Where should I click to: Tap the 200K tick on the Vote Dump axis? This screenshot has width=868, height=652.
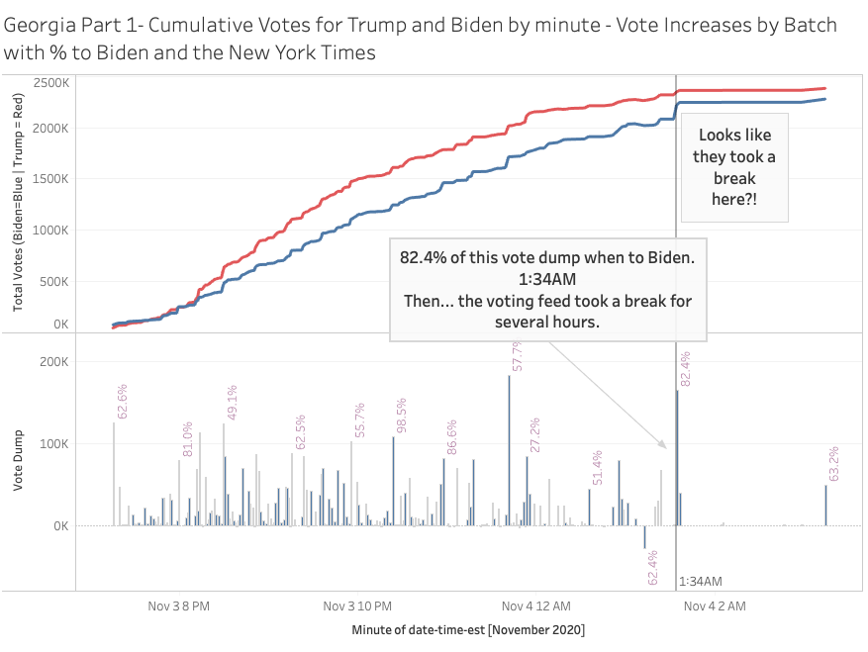click(x=52, y=362)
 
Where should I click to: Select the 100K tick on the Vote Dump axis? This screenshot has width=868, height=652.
click(x=52, y=443)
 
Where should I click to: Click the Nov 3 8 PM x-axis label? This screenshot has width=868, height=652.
click(x=178, y=605)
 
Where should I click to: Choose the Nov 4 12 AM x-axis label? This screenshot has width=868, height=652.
click(x=534, y=605)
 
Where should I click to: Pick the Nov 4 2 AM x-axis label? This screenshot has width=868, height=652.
click(x=714, y=605)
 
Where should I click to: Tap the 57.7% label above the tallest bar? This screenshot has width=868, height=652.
click(x=517, y=355)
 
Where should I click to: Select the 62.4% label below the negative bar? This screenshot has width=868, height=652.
click(x=652, y=567)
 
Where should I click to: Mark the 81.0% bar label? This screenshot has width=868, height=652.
click(x=187, y=439)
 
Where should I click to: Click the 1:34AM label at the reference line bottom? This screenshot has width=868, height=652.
click(x=702, y=582)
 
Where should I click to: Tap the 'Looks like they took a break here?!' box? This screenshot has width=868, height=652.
click(x=733, y=168)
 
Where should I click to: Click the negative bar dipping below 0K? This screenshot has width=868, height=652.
click(x=644, y=536)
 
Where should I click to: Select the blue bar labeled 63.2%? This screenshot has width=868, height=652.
click(x=825, y=505)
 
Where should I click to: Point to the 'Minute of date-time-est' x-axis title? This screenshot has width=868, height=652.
click(x=467, y=629)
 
